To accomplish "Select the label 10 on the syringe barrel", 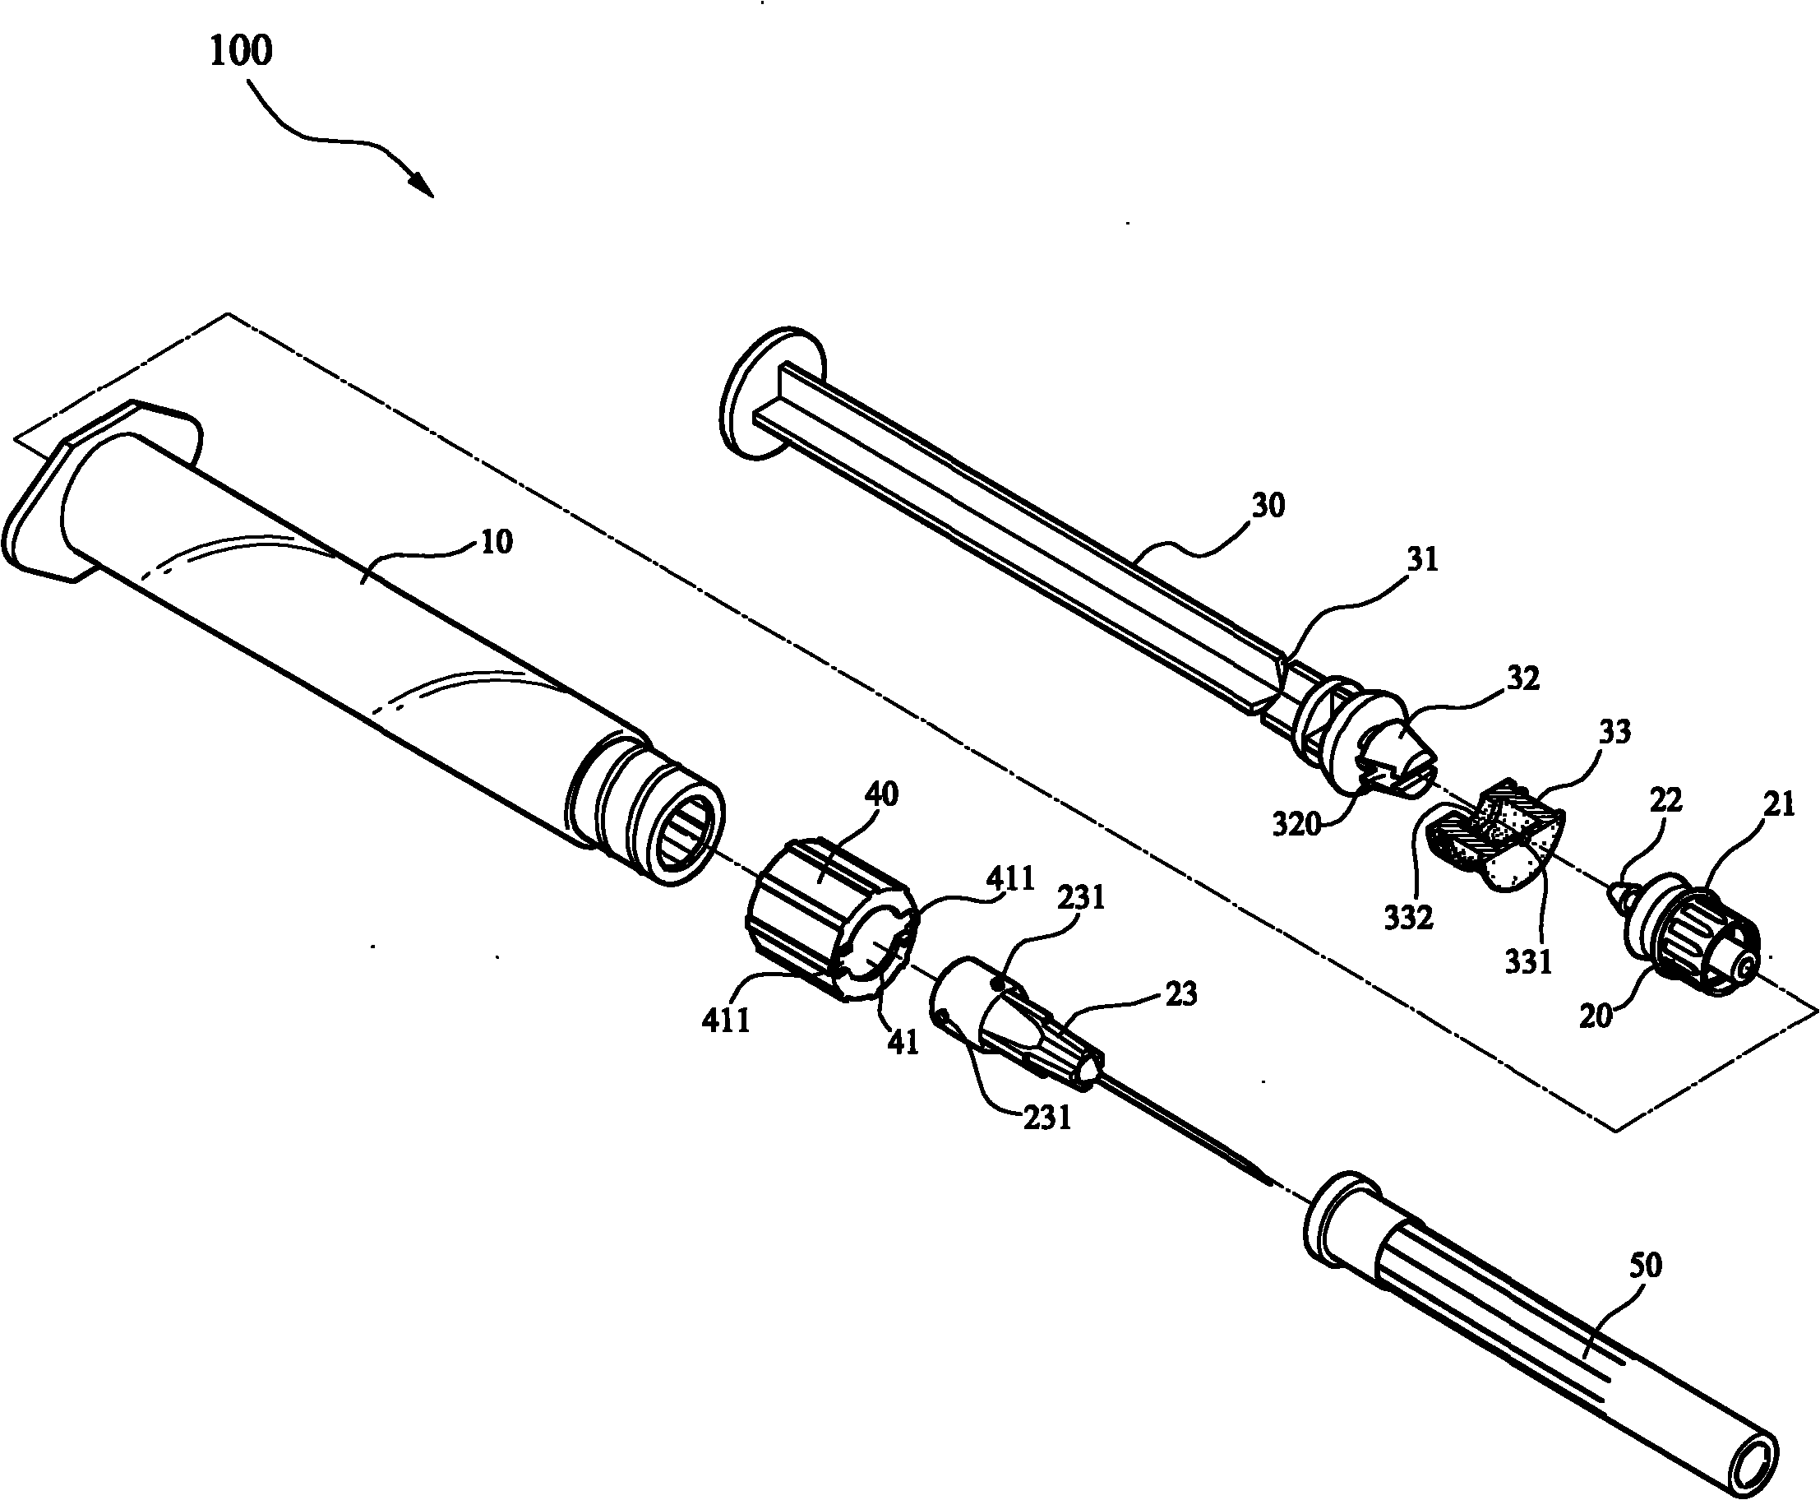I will click(496, 543).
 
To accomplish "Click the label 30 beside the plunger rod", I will click(1268, 506).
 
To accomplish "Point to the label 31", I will click(1423, 560).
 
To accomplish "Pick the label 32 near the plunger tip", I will click(1523, 678).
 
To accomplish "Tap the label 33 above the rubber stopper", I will click(1614, 732).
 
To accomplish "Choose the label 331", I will click(1529, 961).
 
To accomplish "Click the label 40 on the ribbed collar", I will click(881, 794).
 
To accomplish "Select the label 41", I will click(903, 1043).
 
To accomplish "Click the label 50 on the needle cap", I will click(1646, 1266).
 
